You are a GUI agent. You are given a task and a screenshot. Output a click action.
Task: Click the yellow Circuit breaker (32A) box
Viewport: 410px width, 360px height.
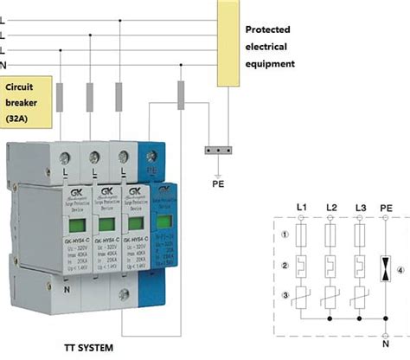click(29, 101)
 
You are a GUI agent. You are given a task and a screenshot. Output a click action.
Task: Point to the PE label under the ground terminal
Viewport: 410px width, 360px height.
click(217, 183)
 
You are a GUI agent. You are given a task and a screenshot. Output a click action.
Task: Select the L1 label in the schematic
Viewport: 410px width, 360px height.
click(301, 208)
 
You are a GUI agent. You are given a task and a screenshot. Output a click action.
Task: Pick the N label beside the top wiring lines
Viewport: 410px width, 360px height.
click(4, 64)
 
